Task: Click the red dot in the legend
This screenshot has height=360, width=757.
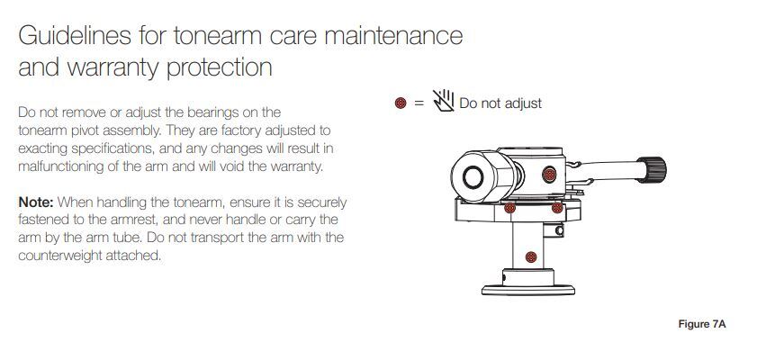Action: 401,103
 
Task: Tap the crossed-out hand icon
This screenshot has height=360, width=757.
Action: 443,101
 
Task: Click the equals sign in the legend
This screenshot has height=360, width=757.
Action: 419,103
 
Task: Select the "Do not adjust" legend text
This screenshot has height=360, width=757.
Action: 500,103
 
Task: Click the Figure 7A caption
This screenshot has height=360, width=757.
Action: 702,324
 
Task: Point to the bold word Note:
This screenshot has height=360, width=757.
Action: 36,202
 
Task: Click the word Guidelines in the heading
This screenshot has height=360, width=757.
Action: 75,36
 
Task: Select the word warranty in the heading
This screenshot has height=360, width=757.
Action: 114,68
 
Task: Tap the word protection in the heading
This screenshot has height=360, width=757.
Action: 220,68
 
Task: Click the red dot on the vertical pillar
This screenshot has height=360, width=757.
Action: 531,256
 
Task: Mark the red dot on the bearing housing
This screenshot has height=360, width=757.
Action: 549,175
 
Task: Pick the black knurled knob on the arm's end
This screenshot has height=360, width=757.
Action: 653,170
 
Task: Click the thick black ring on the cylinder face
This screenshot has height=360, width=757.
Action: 473,177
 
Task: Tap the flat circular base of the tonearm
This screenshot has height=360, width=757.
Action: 528,290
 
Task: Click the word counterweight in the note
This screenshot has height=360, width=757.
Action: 60,256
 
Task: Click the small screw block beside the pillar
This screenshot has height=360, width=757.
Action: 554,230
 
